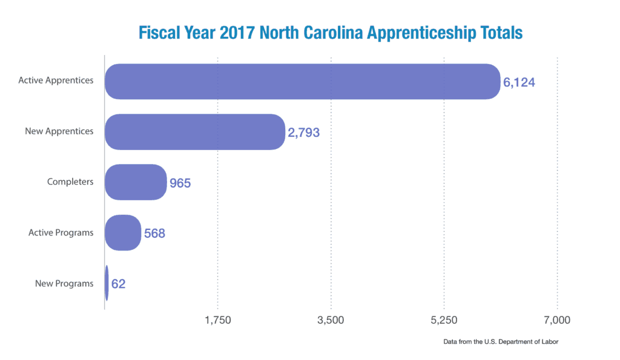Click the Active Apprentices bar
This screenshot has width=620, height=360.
coord(303,81)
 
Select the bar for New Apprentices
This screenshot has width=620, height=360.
coord(194,131)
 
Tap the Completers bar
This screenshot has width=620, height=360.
coord(136,182)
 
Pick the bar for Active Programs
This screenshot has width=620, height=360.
coord(123,232)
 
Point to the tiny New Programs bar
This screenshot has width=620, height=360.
coord(107,283)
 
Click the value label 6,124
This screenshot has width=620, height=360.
coord(519,82)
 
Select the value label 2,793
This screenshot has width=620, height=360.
coord(303,132)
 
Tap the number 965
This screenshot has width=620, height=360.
coord(180,183)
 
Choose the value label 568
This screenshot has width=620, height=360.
coord(154,233)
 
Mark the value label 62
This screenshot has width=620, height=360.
coord(118,284)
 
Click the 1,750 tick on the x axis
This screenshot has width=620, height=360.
coord(218,320)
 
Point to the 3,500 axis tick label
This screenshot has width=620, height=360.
coord(331,320)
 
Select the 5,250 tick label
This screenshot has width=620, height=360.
coord(444,320)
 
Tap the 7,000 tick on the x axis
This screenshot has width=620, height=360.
coord(557,320)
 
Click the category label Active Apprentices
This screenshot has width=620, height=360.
coord(56,80)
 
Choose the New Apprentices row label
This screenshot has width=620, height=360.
coord(59,131)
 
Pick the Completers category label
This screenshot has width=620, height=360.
coord(70,182)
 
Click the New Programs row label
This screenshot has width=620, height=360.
coord(64,283)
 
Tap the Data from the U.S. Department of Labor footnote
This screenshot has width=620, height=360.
coord(500,342)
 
